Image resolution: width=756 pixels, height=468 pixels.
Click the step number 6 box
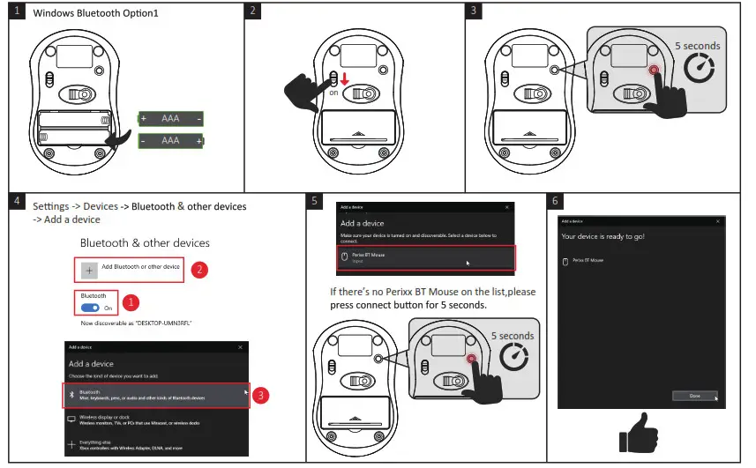click(x=555, y=201)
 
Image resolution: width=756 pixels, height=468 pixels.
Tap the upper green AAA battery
click(x=170, y=118)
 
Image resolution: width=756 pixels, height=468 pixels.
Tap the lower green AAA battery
click(x=170, y=140)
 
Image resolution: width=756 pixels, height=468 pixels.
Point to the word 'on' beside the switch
click(x=333, y=93)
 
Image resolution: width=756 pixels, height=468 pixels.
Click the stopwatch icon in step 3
click(x=698, y=68)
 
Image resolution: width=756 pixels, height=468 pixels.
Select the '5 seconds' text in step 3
click(x=697, y=46)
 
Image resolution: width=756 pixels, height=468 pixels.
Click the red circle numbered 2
click(x=200, y=268)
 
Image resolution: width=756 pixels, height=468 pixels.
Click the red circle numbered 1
click(x=129, y=302)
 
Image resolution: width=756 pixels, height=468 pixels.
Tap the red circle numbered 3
click(x=261, y=396)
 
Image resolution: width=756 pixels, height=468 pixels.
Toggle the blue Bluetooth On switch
click(x=90, y=308)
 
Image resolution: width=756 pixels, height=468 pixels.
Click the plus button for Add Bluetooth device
click(x=89, y=270)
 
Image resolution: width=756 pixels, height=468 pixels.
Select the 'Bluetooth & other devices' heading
click(x=145, y=242)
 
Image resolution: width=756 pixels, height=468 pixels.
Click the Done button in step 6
click(x=694, y=396)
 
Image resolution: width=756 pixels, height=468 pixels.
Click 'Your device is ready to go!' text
click(x=603, y=236)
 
